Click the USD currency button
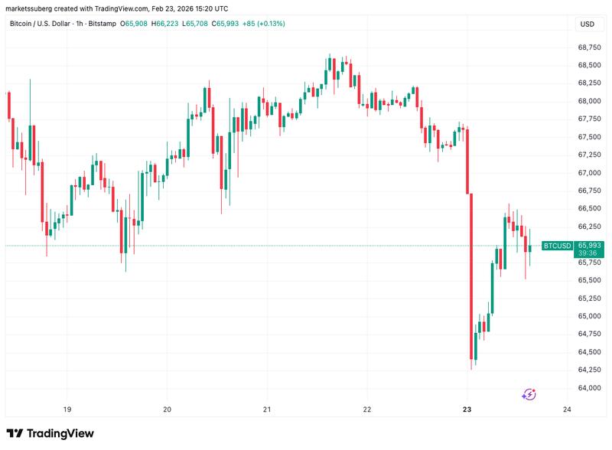(x=587, y=24)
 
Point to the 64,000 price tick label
(x=588, y=388)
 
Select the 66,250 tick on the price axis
(x=588, y=227)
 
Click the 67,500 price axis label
(x=588, y=137)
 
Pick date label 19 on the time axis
(x=67, y=409)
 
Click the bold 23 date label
(x=467, y=409)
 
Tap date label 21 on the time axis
(x=267, y=409)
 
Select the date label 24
(x=567, y=409)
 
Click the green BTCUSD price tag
(x=557, y=246)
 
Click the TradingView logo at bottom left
(x=50, y=433)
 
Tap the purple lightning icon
(x=529, y=394)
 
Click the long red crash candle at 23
(x=471, y=276)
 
